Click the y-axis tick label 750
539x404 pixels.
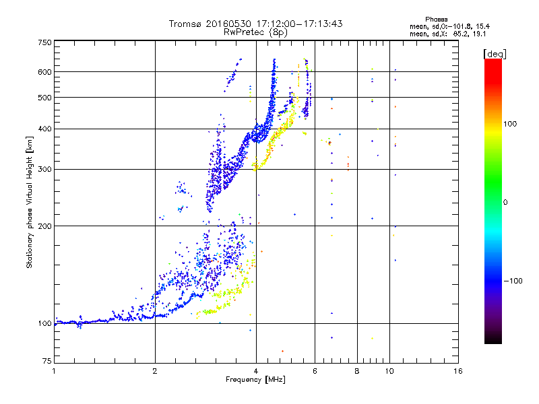(x=45, y=42)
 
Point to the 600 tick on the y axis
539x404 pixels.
(x=45, y=71)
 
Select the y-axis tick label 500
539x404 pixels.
(x=45, y=98)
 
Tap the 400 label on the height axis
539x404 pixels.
(x=45, y=129)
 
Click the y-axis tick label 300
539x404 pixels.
(x=45, y=169)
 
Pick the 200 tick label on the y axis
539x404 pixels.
(x=45, y=226)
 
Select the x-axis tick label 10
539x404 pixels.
(x=389, y=372)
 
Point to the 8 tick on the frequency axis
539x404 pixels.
(x=357, y=372)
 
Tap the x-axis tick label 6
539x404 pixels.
(x=315, y=372)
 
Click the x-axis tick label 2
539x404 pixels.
(x=155, y=372)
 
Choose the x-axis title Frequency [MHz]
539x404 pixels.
(x=255, y=380)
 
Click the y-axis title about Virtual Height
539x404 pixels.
(x=30, y=203)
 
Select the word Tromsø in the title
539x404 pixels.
(x=185, y=24)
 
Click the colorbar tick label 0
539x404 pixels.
(x=506, y=202)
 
